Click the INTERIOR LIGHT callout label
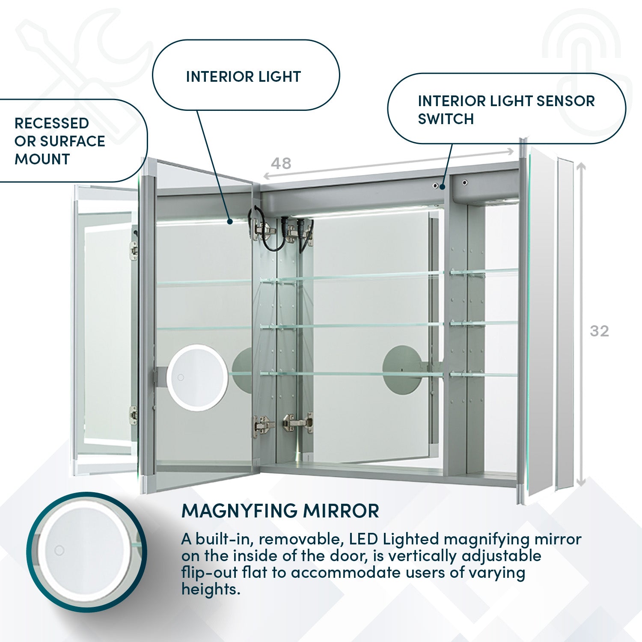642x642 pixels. pyautogui.click(x=243, y=77)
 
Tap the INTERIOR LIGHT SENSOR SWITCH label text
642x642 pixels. pyautogui.click(x=506, y=110)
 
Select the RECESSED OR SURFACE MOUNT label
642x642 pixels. pyautogui.click(x=59, y=141)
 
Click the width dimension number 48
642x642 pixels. pyautogui.click(x=281, y=163)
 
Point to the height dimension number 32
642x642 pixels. pyautogui.click(x=599, y=331)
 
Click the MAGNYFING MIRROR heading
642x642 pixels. pyautogui.click(x=280, y=511)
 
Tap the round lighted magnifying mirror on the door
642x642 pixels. pyautogui.click(x=197, y=377)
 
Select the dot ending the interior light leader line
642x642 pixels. pyautogui.click(x=230, y=221)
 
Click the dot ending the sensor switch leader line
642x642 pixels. pyautogui.click(x=442, y=187)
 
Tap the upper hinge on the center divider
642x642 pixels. pyautogui.click(x=263, y=229)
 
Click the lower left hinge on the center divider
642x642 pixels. pyautogui.click(x=262, y=425)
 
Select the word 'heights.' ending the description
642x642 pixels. pyautogui.click(x=211, y=589)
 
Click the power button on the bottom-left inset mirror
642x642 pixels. pyautogui.click(x=59, y=550)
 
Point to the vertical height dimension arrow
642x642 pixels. pyautogui.click(x=580, y=325)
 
